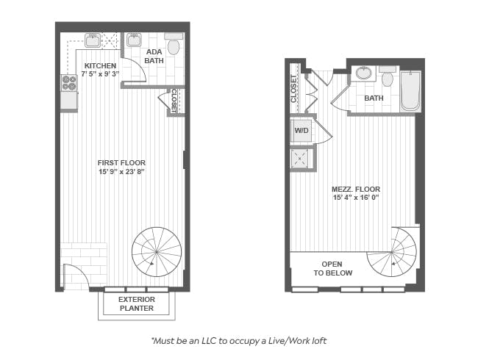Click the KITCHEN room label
click(x=100, y=66)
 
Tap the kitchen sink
click(x=93, y=40)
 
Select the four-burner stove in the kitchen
click(x=69, y=82)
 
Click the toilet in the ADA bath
click(x=174, y=44)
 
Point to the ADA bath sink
click(x=134, y=40)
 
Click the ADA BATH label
click(x=154, y=56)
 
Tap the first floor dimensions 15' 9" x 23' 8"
click(x=121, y=172)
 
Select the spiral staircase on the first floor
click(x=157, y=252)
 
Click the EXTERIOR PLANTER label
click(x=137, y=303)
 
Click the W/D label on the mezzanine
click(x=302, y=131)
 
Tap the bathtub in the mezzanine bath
click(x=410, y=91)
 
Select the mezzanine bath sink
click(x=363, y=73)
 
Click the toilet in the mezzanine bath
click(x=388, y=76)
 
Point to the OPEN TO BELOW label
click(x=332, y=268)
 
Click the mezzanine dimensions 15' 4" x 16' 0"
click(x=356, y=198)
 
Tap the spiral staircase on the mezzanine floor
click(x=392, y=252)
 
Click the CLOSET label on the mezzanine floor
click(x=293, y=89)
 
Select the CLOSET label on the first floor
click(x=174, y=101)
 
